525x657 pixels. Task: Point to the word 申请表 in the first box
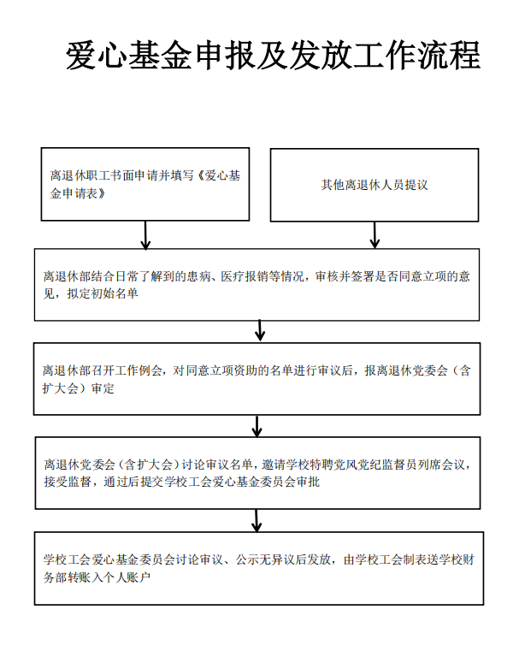[80, 193]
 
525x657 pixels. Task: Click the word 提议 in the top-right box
[416, 185]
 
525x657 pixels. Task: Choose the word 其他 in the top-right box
[333, 185]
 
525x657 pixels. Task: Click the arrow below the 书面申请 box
[145, 235]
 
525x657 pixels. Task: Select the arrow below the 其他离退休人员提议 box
[375, 235]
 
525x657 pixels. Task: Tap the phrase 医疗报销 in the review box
[244, 276]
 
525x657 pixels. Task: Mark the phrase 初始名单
[115, 293]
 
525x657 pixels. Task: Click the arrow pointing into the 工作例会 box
[260, 331]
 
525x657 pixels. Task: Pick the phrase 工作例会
[139, 370]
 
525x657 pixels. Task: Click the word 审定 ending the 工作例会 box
[103, 388]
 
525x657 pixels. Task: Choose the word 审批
[308, 482]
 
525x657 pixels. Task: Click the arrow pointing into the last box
[257, 521]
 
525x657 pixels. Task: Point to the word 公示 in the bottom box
[247, 559]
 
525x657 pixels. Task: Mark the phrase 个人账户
[127, 577]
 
